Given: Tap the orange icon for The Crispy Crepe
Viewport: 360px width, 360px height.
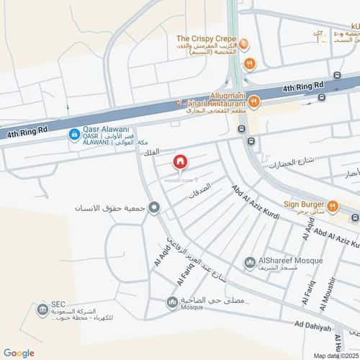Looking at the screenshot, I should [x=245, y=45].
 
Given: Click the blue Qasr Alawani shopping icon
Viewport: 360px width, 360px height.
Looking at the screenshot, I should [x=73, y=134].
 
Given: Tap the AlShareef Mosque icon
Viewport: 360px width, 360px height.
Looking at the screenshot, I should [x=249, y=263].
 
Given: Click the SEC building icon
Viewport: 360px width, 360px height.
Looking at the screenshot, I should [x=42, y=310].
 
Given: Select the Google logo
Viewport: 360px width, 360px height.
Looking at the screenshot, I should [x=19, y=353].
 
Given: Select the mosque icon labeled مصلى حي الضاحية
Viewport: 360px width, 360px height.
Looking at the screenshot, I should [x=171, y=302].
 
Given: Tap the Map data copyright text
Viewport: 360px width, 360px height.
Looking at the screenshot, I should [x=335, y=355].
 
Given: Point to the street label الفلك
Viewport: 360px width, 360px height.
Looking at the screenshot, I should [x=151, y=153].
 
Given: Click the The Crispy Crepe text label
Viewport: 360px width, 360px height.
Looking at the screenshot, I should [x=206, y=38].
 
